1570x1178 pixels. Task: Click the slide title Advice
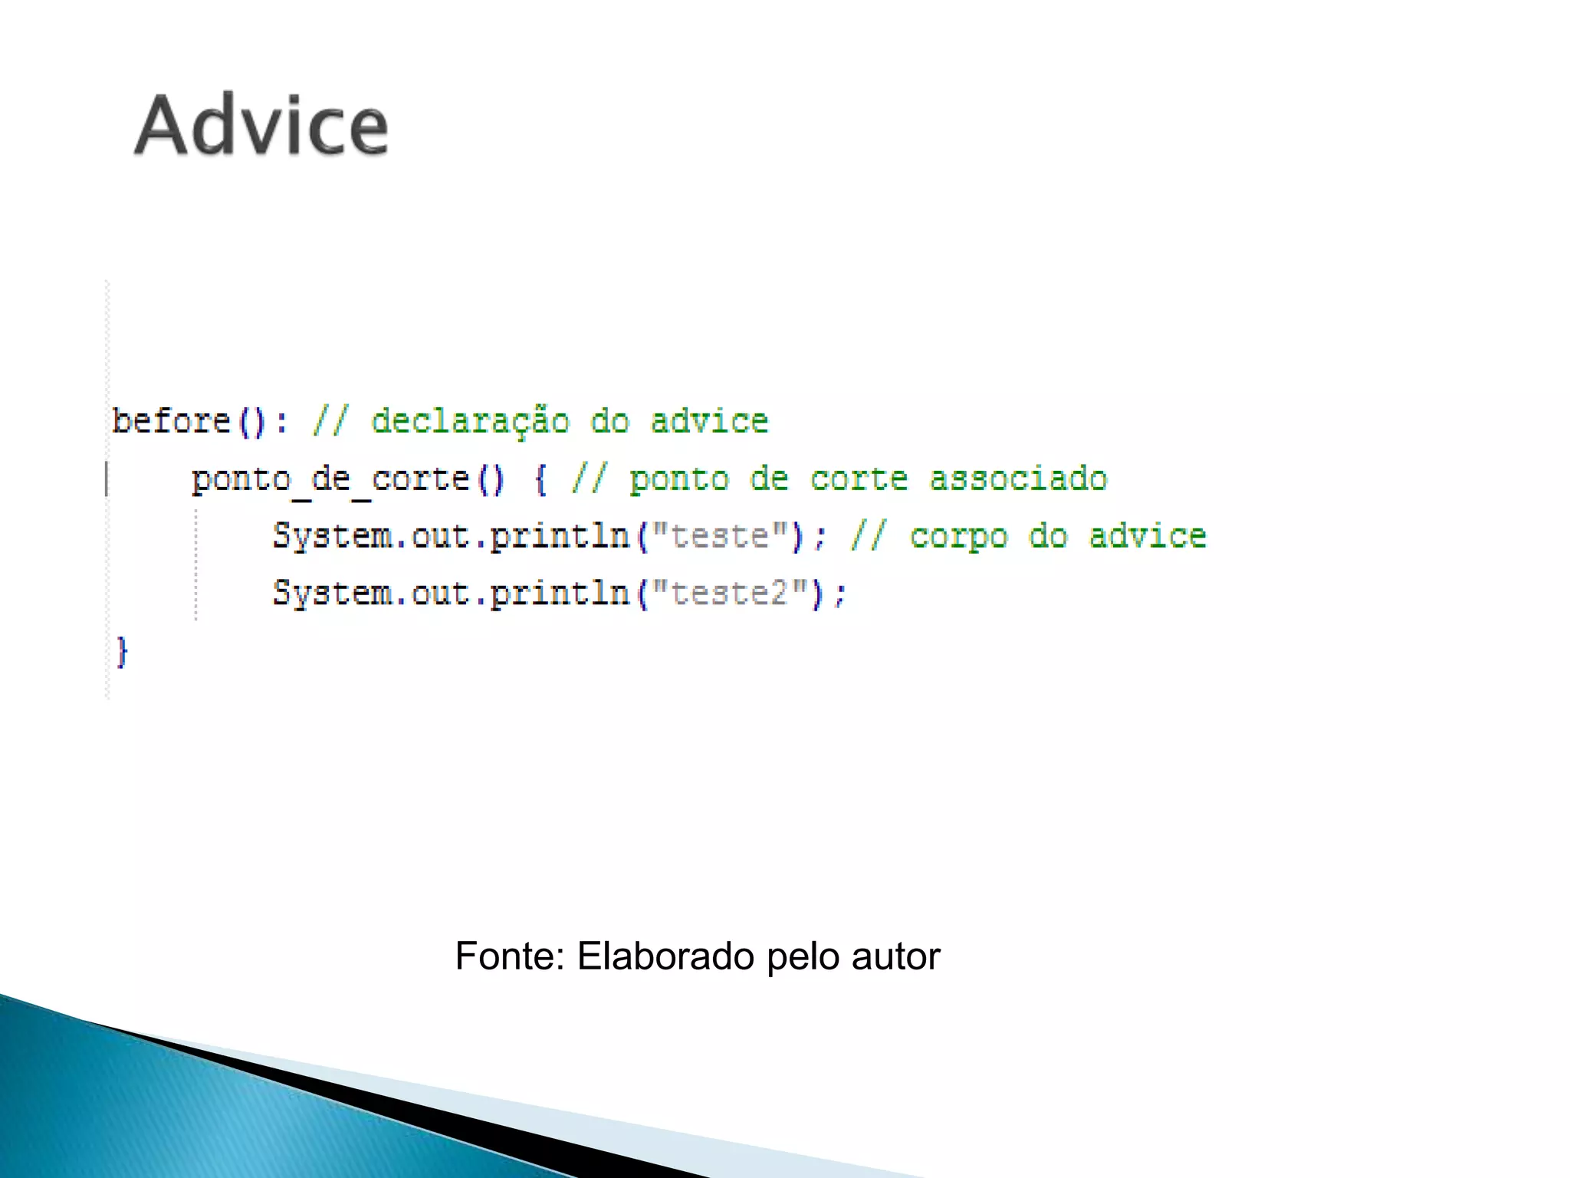click(x=261, y=126)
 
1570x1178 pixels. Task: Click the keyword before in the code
click(x=171, y=421)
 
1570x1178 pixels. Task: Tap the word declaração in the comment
click(x=470, y=421)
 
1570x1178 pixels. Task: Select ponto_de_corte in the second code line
click(x=330, y=480)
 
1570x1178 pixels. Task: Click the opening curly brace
click(x=540, y=480)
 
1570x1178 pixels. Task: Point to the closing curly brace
click(x=122, y=652)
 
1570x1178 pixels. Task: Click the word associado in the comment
click(x=1018, y=479)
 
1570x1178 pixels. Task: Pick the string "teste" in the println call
click(x=719, y=536)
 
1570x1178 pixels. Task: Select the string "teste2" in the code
click(x=729, y=594)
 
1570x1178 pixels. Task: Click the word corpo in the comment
click(x=958, y=536)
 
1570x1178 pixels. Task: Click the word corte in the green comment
click(x=859, y=479)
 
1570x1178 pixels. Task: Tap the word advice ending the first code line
click(x=709, y=421)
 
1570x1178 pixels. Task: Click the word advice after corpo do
click(x=1148, y=536)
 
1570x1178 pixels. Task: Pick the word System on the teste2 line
click(x=332, y=594)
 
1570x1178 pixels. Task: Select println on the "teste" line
click(x=560, y=536)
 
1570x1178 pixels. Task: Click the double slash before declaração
click(x=330, y=421)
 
